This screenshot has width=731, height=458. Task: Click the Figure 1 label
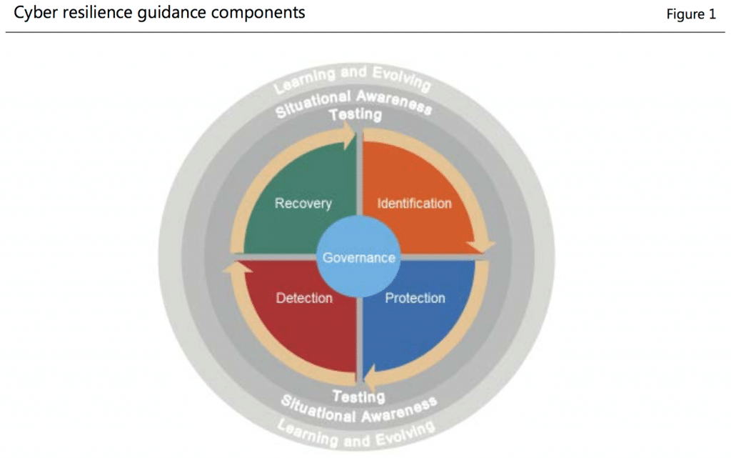coord(690,14)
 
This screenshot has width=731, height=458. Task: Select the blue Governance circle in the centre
coord(358,257)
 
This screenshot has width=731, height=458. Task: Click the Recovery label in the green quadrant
coord(303,204)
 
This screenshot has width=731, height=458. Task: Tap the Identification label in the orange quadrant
coord(414,204)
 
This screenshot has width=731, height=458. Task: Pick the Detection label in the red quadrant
coord(304,298)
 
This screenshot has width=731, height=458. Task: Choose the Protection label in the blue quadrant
coord(415,298)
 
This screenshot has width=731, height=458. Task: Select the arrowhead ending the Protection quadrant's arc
coord(369,377)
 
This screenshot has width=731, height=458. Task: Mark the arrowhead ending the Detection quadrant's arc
coord(236,269)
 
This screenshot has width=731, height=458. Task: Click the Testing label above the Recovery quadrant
coord(355,114)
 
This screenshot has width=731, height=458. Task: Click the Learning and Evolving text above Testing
coord(353,78)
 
